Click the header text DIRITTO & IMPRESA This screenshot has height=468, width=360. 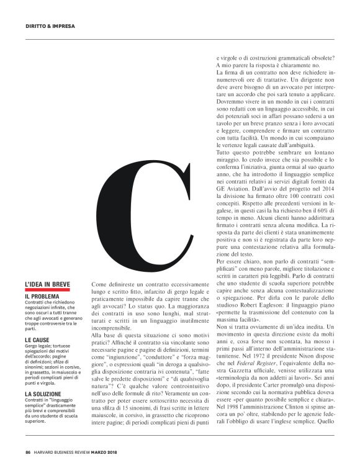tap(50, 27)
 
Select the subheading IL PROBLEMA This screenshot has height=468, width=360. tap(42, 297)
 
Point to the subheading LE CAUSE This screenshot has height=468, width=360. tap(37, 340)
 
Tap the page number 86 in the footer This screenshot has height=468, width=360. tap(28, 451)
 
